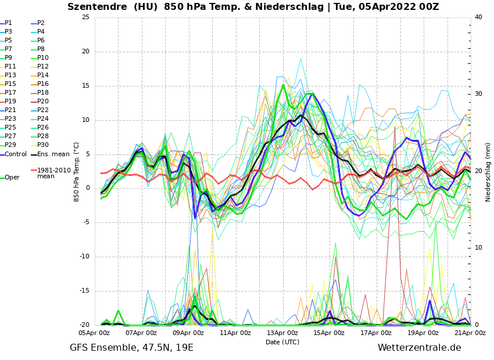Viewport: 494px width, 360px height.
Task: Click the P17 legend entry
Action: [x=10, y=93]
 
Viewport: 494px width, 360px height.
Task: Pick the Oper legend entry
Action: [x=12, y=178]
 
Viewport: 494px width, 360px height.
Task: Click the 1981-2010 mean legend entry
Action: [x=53, y=173]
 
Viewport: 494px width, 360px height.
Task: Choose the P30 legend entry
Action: [x=43, y=145]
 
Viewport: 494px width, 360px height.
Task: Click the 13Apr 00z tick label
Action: [x=282, y=333]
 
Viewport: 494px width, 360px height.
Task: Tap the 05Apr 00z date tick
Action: [x=94, y=333]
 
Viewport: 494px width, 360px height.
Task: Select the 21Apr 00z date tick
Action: [x=470, y=333]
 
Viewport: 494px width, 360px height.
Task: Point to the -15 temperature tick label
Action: [x=85, y=291]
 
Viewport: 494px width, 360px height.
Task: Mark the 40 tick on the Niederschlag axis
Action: [x=478, y=17]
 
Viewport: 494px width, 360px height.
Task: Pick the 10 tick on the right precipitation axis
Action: [x=478, y=248]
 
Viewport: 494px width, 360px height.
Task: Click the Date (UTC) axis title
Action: [x=282, y=342]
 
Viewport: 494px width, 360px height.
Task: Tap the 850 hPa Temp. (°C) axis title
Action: [x=77, y=172]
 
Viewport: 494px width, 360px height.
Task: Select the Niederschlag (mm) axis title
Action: [x=488, y=172]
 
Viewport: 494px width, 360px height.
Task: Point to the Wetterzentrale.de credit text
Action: [x=419, y=348]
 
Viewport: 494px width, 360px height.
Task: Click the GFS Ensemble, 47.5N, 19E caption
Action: [x=131, y=348]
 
